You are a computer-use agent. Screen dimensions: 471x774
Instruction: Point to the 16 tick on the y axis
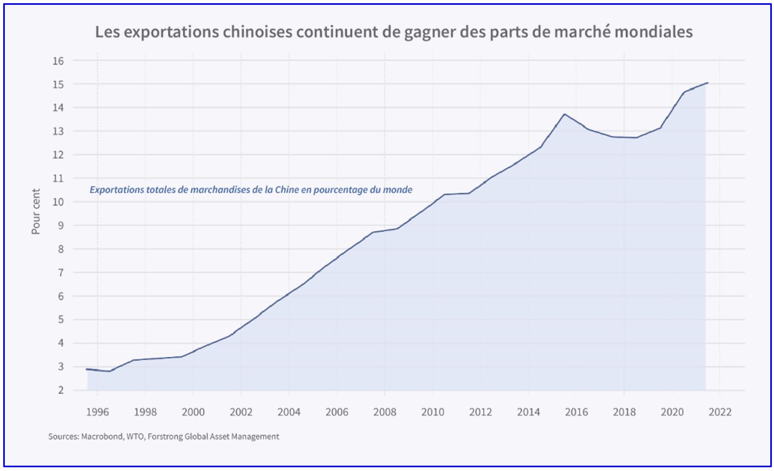pos(58,61)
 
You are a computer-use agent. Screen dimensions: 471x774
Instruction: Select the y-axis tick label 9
pos(60,226)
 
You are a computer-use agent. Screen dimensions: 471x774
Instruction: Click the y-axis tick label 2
pos(60,391)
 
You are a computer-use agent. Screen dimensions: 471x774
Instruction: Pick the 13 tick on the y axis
pos(58,131)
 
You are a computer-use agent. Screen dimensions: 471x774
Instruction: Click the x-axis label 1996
pos(97,412)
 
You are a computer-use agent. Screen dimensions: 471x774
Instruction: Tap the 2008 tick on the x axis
pos(385,412)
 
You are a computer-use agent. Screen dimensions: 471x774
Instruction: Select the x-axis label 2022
pos(720,412)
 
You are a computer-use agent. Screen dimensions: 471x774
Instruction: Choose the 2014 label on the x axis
pos(528,412)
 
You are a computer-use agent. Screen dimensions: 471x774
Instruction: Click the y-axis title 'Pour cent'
pos(36,211)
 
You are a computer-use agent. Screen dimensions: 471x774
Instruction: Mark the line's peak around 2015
pos(564,114)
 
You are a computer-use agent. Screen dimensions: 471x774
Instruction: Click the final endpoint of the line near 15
pos(708,83)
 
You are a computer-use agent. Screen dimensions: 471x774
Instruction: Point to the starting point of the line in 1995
pos(87,369)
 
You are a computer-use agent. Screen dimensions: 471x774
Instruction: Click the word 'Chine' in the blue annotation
pos(287,190)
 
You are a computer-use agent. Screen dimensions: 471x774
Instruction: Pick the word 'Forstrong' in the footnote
pos(165,437)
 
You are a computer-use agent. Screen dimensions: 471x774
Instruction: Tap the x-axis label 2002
pos(241,412)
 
